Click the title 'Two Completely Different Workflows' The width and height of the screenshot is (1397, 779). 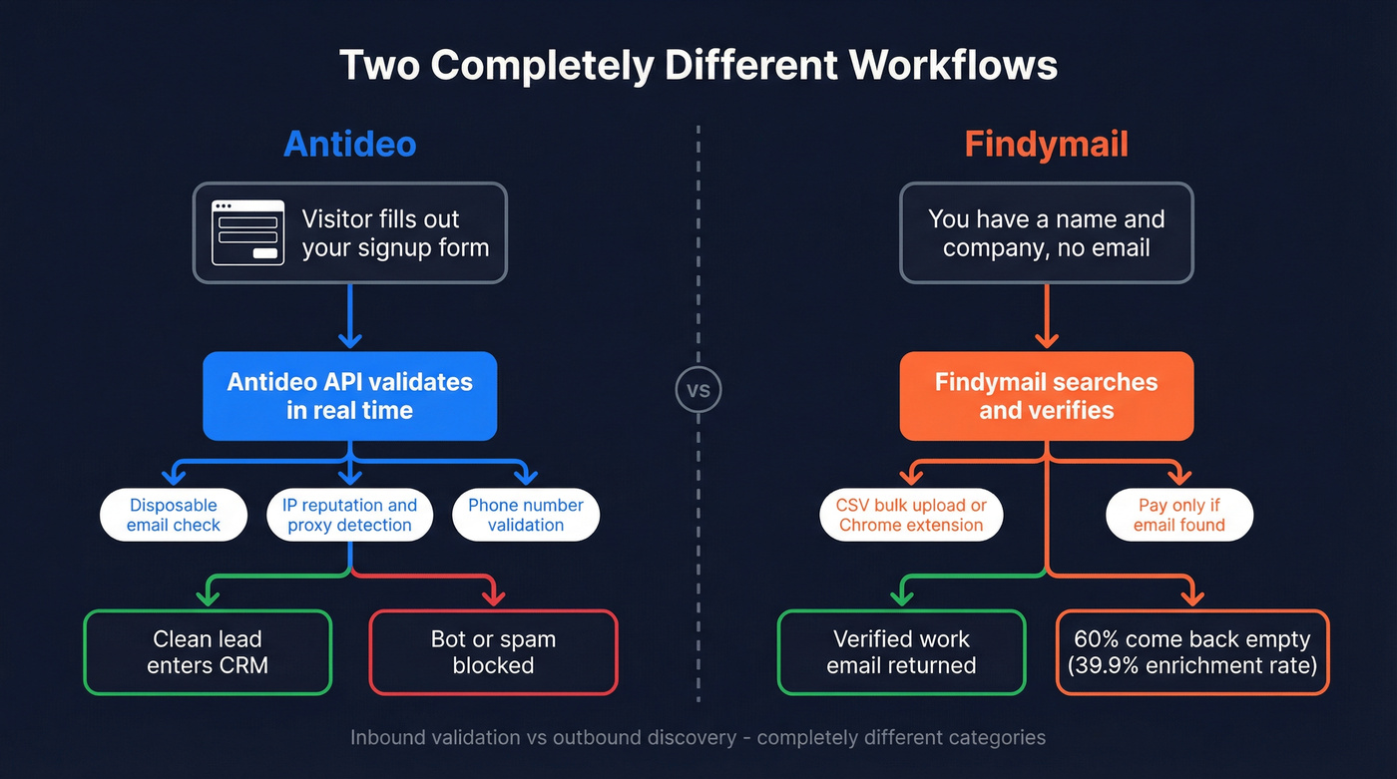(698, 65)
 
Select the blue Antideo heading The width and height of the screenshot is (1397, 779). (349, 144)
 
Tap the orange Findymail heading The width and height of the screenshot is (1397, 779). (1046, 144)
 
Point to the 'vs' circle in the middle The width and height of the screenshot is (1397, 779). (698, 390)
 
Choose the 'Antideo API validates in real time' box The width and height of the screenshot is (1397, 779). (349, 396)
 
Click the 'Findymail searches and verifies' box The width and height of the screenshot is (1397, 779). (1046, 396)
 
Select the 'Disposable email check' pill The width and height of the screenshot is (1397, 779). (174, 515)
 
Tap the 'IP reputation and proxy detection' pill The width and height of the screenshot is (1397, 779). (349, 515)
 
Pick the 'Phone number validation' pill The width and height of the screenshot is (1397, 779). (526, 515)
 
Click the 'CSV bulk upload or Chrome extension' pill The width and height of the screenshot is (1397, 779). (911, 515)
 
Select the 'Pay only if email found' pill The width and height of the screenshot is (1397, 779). (1179, 515)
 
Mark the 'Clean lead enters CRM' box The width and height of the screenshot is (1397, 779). (208, 652)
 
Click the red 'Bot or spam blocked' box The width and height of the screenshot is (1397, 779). (493, 652)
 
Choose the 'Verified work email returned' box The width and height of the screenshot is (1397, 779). (901, 652)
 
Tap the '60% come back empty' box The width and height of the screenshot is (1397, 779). (1192, 652)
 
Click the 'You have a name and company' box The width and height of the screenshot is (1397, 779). (1046, 232)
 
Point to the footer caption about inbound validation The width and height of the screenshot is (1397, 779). (698, 738)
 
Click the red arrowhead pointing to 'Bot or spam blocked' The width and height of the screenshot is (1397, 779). (493, 597)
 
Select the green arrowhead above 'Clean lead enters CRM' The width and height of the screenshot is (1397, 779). (208, 597)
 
